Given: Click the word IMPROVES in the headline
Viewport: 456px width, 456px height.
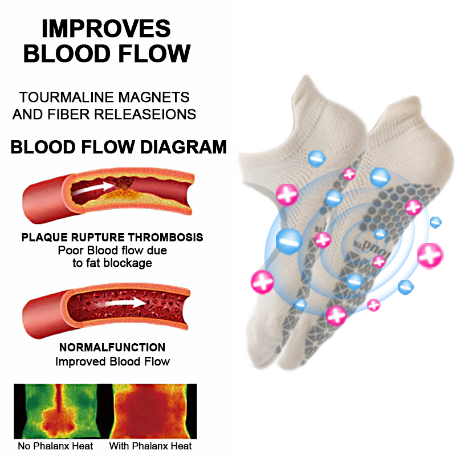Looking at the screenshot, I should point(107,28).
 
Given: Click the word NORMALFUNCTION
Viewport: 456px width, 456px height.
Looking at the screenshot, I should point(112,347).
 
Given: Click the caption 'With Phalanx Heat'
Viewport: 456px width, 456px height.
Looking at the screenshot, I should point(150,446).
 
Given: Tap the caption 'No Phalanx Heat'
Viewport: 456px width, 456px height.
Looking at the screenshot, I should point(55,446).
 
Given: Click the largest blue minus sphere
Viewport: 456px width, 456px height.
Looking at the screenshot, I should point(288,241).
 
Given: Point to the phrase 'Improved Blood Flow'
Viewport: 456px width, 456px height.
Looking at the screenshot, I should point(112,361).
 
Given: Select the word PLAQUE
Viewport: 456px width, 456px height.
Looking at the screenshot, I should point(44,237).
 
